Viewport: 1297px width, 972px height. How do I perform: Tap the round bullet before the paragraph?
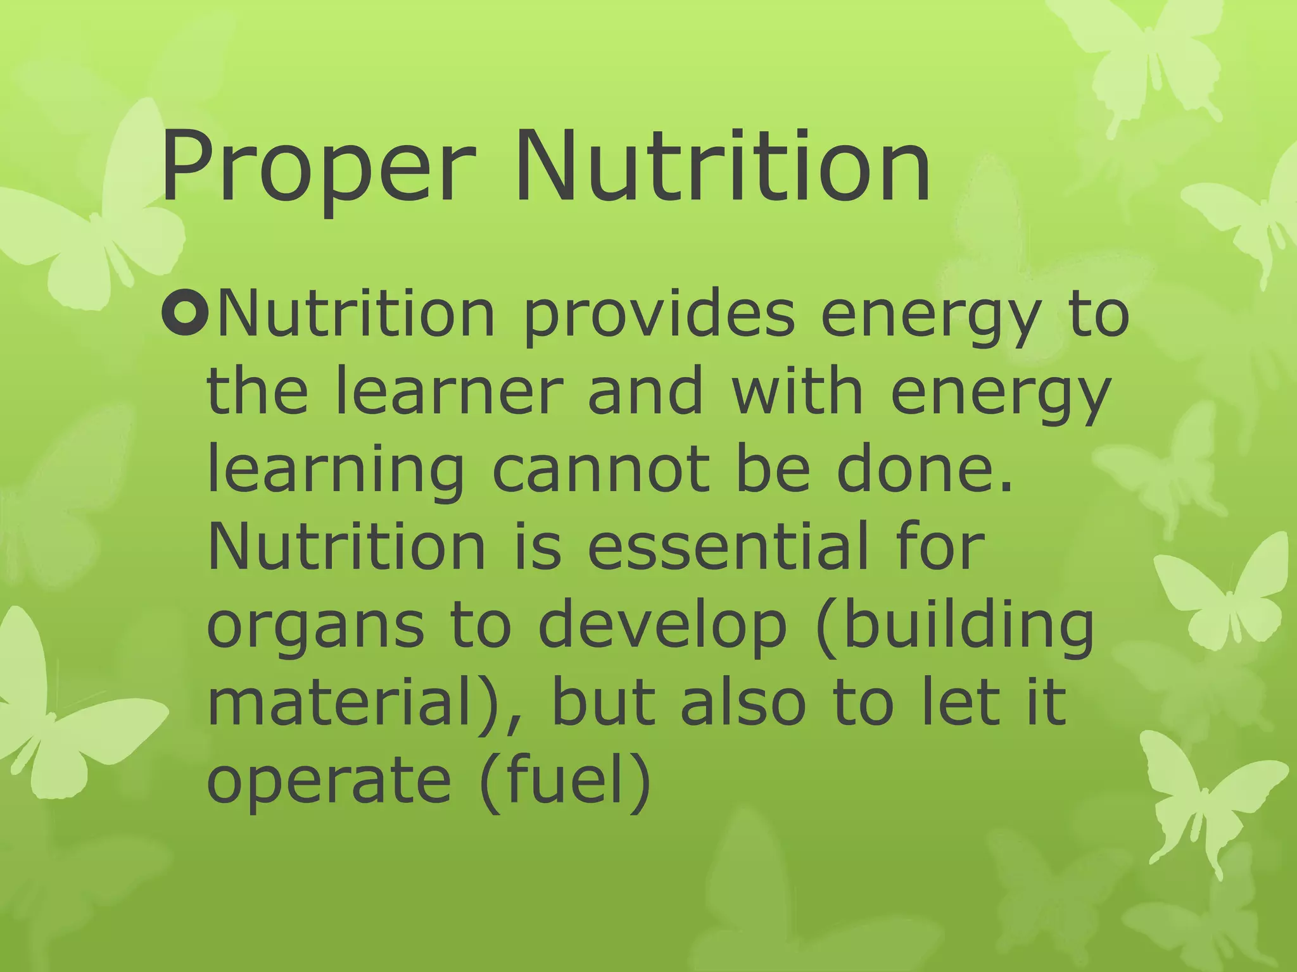(184, 315)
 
